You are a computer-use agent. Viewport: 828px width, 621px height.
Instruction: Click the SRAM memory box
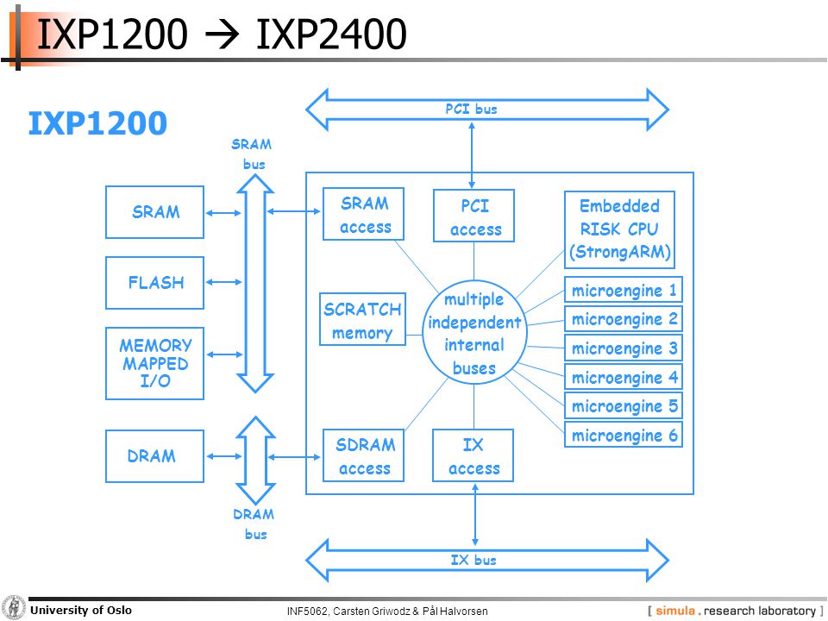tap(154, 212)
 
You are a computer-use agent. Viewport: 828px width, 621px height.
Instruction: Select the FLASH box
tap(154, 283)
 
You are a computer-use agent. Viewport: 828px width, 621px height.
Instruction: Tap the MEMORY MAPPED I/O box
tap(154, 363)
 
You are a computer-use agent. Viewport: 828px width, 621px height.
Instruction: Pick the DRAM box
tap(154, 455)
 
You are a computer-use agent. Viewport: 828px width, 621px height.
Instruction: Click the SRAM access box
tap(364, 214)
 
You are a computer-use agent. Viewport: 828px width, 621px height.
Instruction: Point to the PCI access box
tap(474, 216)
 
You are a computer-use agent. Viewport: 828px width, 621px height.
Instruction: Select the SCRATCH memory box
tap(363, 319)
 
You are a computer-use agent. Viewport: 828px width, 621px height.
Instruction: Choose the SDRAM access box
tap(364, 455)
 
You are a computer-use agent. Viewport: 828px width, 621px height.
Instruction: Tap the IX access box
tap(474, 455)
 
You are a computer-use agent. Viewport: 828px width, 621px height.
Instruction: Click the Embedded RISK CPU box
tap(619, 229)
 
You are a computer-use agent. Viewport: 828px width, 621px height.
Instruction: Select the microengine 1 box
tap(624, 290)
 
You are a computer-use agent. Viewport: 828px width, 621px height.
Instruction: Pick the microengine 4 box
tap(624, 377)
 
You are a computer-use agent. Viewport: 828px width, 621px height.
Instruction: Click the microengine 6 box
tap(624, 435)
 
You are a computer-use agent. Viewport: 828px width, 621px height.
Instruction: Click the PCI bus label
tap(471, 109)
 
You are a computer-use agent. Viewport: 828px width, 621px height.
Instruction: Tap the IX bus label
tap(474, 560)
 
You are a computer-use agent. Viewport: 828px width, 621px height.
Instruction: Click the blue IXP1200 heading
tap(97, 123)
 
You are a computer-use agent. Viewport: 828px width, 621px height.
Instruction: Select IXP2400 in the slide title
tap(331, 34)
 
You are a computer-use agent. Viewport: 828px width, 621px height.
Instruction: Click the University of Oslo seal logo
tap(14, 608)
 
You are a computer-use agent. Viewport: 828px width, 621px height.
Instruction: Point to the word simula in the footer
tap(674, 611)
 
